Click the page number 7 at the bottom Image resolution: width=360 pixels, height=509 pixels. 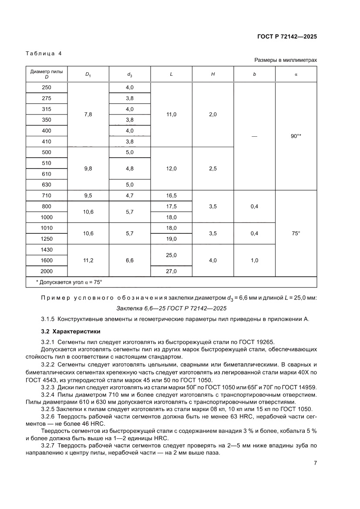315,462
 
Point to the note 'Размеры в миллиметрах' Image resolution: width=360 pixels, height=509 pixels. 286,60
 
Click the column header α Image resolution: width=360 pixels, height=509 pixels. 296,74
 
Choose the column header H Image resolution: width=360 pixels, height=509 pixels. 212,74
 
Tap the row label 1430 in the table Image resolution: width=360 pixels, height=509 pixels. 47,250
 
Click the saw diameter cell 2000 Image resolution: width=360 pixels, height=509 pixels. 47,271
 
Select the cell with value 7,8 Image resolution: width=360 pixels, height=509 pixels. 88,115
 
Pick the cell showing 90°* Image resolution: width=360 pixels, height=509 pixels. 296,136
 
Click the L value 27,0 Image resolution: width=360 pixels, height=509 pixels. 171,271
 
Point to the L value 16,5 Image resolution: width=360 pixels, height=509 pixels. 171,196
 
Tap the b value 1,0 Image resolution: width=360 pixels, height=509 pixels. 255,260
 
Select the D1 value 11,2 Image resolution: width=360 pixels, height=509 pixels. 88,260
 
